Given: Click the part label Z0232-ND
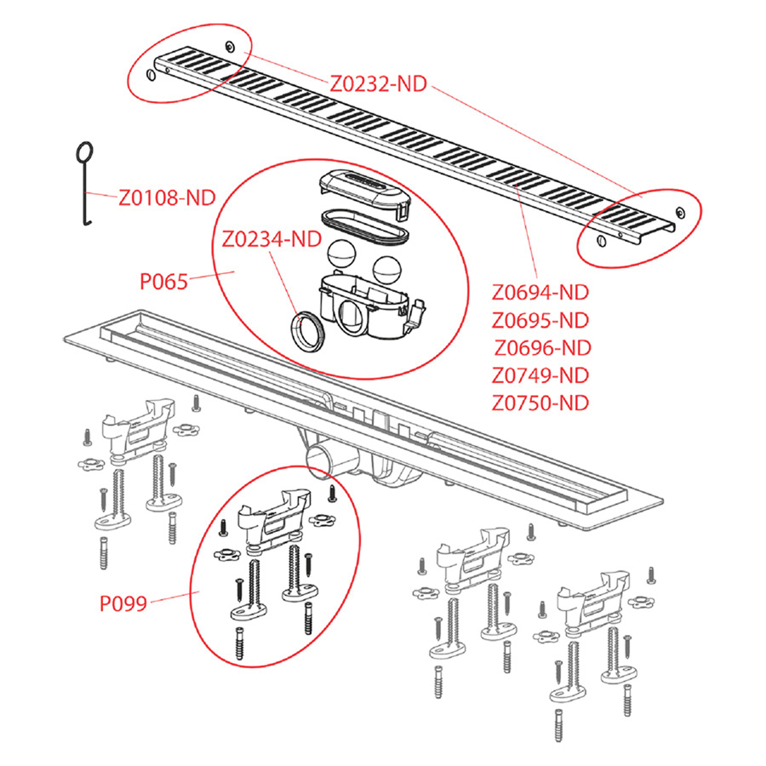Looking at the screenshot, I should [x=378, y=83].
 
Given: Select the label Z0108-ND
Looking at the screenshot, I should [x=167, y=198].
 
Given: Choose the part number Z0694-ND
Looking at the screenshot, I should [x=540, y=293].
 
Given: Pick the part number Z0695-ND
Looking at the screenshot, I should [x=540, y=320].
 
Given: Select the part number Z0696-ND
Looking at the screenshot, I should [x=542, y=347].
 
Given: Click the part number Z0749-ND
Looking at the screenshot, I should [x=540, y=374].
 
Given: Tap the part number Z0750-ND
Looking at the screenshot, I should [x=540, y=402].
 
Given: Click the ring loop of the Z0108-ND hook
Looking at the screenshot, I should [x=84, y=152].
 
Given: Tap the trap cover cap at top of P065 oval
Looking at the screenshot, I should [x=363, y=188].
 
